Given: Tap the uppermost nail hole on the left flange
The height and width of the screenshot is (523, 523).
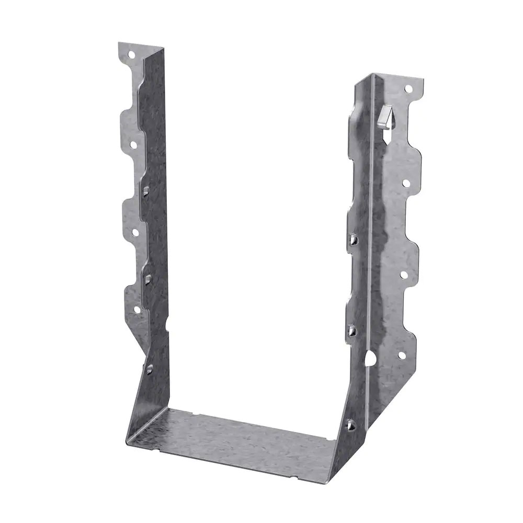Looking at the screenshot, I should click(131, 53).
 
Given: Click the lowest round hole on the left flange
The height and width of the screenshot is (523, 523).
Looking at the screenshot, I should click(137, 309).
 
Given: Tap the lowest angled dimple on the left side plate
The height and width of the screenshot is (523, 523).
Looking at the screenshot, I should click(149, 369).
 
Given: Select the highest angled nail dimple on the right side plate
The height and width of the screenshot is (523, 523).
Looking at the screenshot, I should click(353, 240).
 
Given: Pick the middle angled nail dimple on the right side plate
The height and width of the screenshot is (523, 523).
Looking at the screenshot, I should click(351, 330).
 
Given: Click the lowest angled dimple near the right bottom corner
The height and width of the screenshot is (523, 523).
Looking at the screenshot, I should click(350, 425).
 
